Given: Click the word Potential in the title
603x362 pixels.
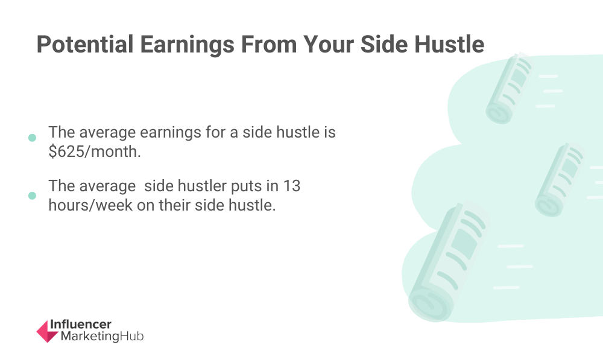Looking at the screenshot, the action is click(85, 44).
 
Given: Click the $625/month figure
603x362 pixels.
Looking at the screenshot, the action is click(95, 151).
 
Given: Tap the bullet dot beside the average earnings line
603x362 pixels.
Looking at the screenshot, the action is click(33, 138).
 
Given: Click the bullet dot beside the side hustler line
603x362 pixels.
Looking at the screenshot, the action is click(33, 196).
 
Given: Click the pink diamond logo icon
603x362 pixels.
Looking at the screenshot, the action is click(47, 331).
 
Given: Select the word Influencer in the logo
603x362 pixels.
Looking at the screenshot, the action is click(80, 325).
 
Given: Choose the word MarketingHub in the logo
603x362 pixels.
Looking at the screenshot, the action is click(102, 336).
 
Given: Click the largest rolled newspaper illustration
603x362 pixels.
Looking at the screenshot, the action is click(448, 262).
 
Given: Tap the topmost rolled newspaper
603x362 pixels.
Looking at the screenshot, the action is click(509, 88).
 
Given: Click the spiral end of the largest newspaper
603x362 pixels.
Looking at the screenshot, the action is click(429, 306).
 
